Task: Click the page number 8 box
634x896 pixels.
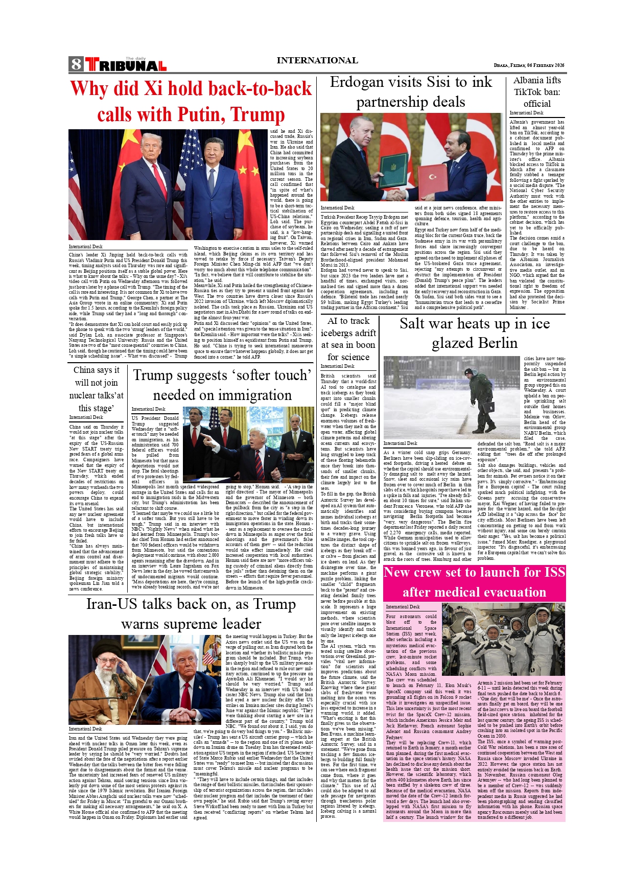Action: coord(76,64)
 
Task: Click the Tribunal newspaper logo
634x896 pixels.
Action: coord(125,64)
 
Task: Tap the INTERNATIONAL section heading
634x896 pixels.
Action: coord(317,60)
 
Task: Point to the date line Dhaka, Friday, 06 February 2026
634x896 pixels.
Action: coord(529,65)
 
